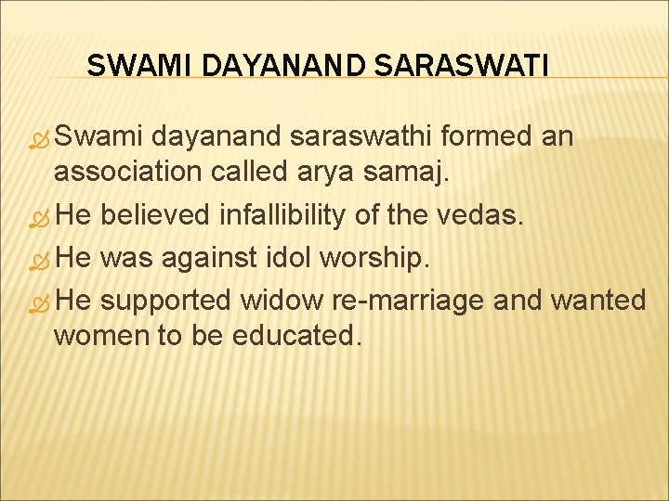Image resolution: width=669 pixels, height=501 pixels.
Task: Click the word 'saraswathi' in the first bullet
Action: pyautogui.click(x=363, y=137)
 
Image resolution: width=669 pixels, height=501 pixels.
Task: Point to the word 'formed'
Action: pyautogui.click(x=488, y=137)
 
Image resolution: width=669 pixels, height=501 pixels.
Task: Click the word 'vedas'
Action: pyautogui.click(x=483, y=216)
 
